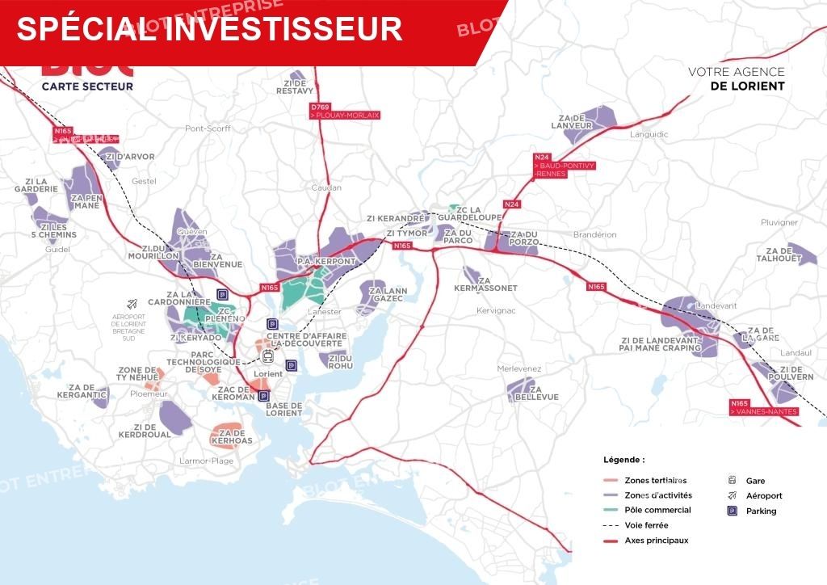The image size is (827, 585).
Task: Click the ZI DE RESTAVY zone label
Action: click(x=294, y=86)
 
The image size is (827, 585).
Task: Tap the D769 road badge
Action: click(x=321, y=107)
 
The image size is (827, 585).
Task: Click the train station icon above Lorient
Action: click(x=267, y=357)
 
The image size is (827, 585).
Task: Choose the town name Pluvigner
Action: click(x=779, y=222)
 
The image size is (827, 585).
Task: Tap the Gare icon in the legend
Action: click(x=733, y=480)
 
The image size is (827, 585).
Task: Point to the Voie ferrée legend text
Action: click(x=646, y=525)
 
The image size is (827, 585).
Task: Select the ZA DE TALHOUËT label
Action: click(x=779, y=255)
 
